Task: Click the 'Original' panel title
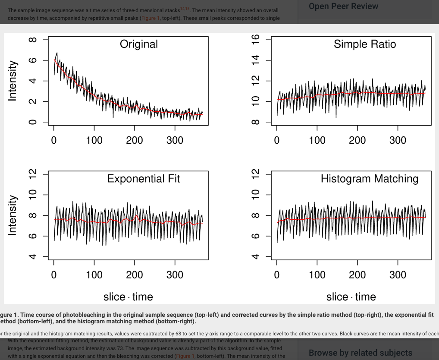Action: tap(138, 44)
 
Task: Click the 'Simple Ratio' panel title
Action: tap(364, 44)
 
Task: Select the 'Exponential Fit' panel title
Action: tap(144, 179)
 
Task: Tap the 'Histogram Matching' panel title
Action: tap(369, 179)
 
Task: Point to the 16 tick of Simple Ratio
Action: tap(255, 40)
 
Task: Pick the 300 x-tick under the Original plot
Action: tap(175, 140)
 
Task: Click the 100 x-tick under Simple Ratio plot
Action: tap(317, 140)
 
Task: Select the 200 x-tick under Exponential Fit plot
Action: tap(134, 275)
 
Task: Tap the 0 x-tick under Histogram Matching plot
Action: tap(277, 275)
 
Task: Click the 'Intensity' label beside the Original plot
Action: tap(13, 81)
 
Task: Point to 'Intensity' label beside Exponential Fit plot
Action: tap(13, 215)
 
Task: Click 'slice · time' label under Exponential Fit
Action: tap(128, 297)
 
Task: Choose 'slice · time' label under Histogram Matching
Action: tap(351, 297)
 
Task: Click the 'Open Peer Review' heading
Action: tap(343, 6)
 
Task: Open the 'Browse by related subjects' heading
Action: tap(361, 353)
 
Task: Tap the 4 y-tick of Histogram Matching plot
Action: tap(255, 257)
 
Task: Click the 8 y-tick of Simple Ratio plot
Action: tap(255, 122)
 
